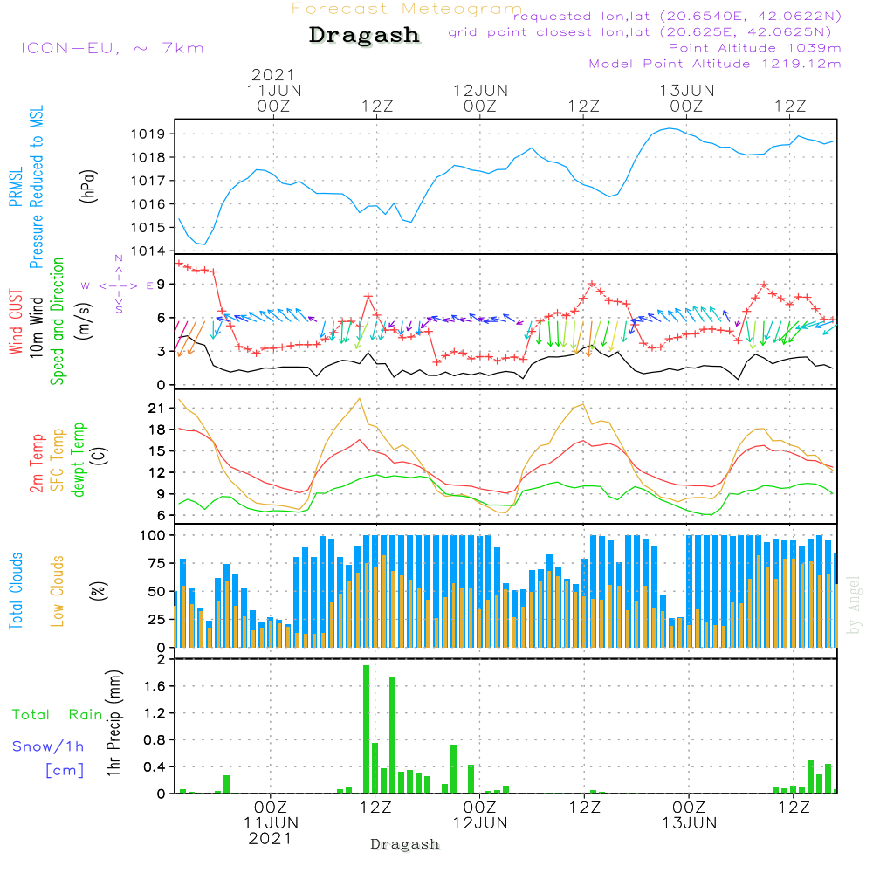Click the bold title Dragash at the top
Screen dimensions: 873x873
coord(364,36)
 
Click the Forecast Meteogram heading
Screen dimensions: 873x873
coord(407,10)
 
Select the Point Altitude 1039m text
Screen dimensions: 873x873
coord(754,48)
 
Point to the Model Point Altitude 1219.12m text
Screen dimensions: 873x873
coord(715,64)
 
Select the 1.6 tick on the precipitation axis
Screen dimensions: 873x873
coord(155,686)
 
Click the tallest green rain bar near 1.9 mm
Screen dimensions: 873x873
coord(367,729)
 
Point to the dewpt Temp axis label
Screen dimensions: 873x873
coord(79,460)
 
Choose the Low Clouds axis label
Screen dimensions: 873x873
coord(58,590)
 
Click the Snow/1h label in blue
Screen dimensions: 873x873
coord(48,746)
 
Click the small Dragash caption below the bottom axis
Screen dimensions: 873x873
coord(405,844)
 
